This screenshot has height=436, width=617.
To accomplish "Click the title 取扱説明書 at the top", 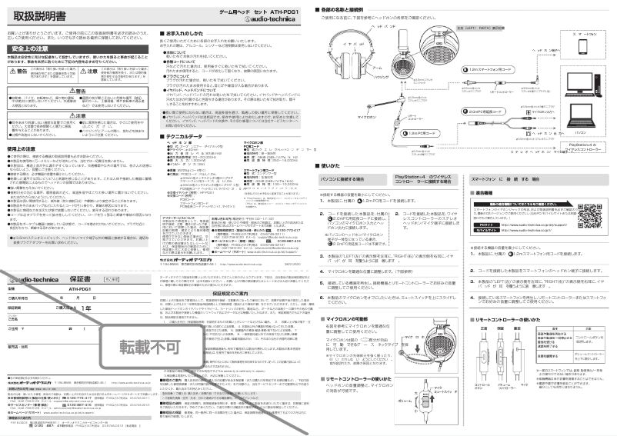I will tap(38, 15).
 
